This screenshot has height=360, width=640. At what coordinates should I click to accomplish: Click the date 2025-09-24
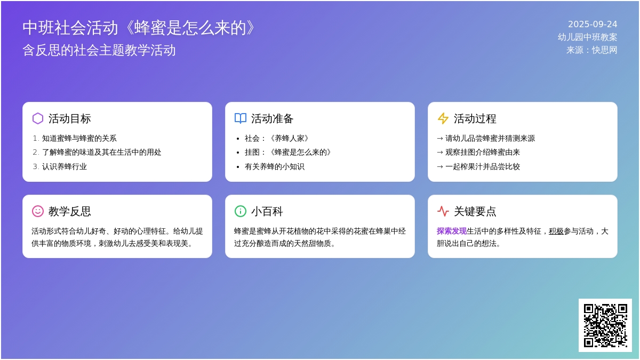tap(593, 25)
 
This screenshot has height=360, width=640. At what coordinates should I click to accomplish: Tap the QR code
tap(605, 325)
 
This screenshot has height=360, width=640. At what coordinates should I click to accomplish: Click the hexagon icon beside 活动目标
tap(38, 118)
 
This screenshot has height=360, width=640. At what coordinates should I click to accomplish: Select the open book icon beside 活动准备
tap(241, 118)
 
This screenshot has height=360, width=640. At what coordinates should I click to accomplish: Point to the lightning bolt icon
tap(443, 118)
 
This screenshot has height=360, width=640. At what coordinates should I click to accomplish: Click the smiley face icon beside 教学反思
tap(38, 211)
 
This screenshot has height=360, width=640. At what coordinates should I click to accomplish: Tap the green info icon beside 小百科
tap(241, 211)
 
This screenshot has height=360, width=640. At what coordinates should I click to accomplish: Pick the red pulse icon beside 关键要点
tap(443, 211)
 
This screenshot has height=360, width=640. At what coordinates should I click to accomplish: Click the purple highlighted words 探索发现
tap(451, 231)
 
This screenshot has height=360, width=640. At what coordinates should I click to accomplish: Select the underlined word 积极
tap(556, 231)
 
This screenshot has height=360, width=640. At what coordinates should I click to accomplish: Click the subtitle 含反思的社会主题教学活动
tap(99, 50)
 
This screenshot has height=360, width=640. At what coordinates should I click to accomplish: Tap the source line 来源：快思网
tap(591, 50)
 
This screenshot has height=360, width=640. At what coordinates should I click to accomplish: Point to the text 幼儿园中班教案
tap(587, 37)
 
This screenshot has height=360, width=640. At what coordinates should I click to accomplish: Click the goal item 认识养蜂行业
tap(65, 166)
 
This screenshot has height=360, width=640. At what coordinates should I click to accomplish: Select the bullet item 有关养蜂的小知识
tap(275, 166)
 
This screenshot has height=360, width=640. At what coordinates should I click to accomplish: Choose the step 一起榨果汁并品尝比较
tap(483, 166)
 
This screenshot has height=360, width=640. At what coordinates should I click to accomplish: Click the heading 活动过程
tap(475, 119)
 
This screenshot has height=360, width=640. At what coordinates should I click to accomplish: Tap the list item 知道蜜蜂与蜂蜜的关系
tap(79, 138)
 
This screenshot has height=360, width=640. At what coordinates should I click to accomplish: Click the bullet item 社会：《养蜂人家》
tap(277, 138)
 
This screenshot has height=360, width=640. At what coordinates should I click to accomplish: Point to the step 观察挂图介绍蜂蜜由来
tap(483, 153)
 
